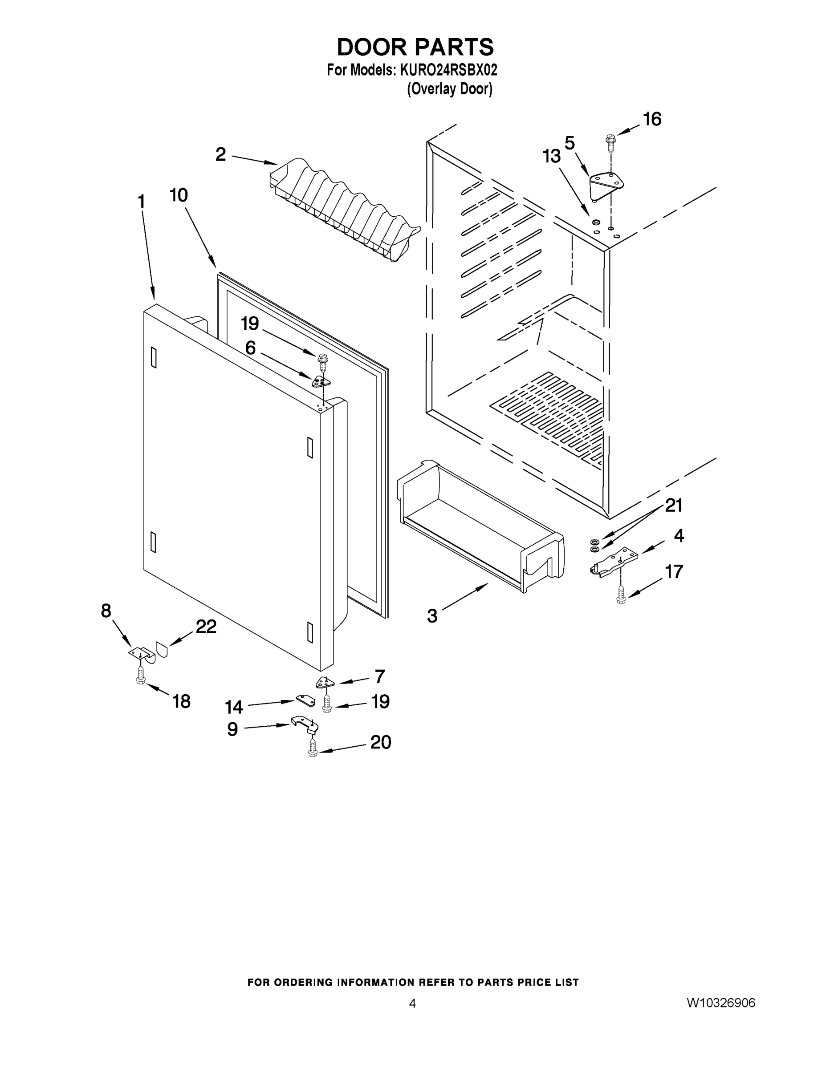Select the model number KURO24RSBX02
click(449, 70)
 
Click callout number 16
click(652, 119)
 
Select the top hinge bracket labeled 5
click(607, 185)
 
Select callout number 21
click(674, 505)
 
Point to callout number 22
click(206, 627)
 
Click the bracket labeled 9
click(305, 725)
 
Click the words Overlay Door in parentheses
click(449, 89)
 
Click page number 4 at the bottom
click(412, 1003)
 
